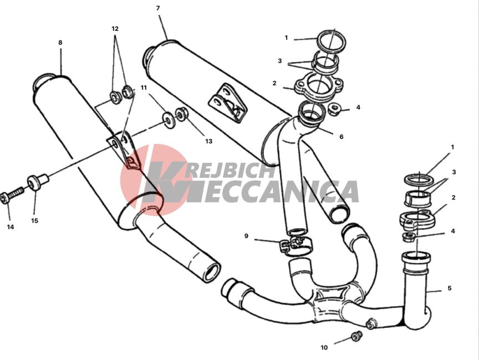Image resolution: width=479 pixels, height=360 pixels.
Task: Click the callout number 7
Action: point(158,8)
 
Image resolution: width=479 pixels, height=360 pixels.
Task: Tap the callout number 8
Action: point(60,43)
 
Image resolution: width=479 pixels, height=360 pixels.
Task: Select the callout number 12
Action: point(115,29)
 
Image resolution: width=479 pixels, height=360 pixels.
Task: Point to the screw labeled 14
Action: point(12,196)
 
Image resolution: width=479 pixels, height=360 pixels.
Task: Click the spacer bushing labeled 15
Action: point(38,182)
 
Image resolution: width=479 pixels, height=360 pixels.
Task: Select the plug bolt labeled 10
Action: point(356,336)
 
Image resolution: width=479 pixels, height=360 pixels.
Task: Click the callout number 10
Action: point(324,347)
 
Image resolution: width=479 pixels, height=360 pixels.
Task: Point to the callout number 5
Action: point(450,289)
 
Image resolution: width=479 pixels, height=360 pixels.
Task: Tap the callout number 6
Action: point(342,137)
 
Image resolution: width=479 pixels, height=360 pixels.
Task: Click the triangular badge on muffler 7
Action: point(228,103)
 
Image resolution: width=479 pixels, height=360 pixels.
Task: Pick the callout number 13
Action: point(208,141)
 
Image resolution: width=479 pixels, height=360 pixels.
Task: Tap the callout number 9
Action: point(246,236)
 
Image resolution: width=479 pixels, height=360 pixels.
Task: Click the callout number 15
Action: point(34,221)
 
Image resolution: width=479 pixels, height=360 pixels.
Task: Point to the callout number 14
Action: point(11,227)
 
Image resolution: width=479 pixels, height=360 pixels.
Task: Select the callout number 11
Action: point(144,88)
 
